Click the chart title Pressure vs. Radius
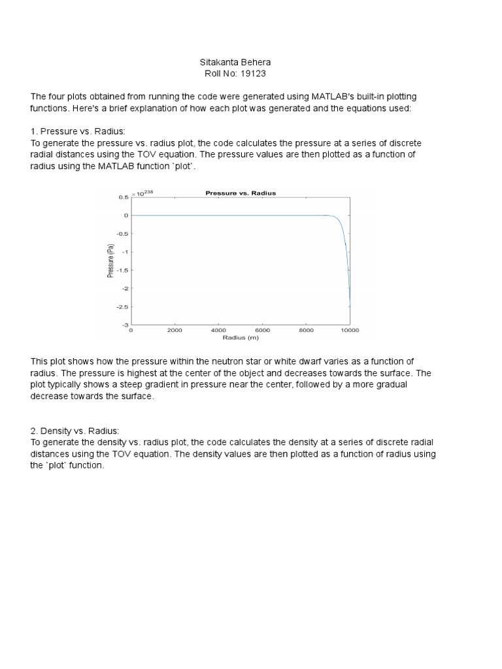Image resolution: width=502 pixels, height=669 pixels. (x=241, y=193)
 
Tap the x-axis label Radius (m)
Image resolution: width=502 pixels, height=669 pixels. (x=241, y=338)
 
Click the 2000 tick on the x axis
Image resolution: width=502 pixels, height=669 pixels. (x=175, y=331)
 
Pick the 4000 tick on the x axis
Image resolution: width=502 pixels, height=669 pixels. (x=218, y=331)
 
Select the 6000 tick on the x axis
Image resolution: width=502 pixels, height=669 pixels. (x=262, y=331)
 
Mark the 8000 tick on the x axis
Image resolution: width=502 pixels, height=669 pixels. (x=306, y=331)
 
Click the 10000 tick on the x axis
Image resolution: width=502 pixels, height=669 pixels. (x=350, y=331)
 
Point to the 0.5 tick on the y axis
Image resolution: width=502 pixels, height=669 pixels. (x=123, y=197)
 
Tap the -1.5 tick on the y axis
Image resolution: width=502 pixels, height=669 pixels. (x=122, y=270)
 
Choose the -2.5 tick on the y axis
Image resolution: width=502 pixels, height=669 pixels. (x=122, y=306)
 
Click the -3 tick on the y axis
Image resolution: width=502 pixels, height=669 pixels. (x=124, y=324)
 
